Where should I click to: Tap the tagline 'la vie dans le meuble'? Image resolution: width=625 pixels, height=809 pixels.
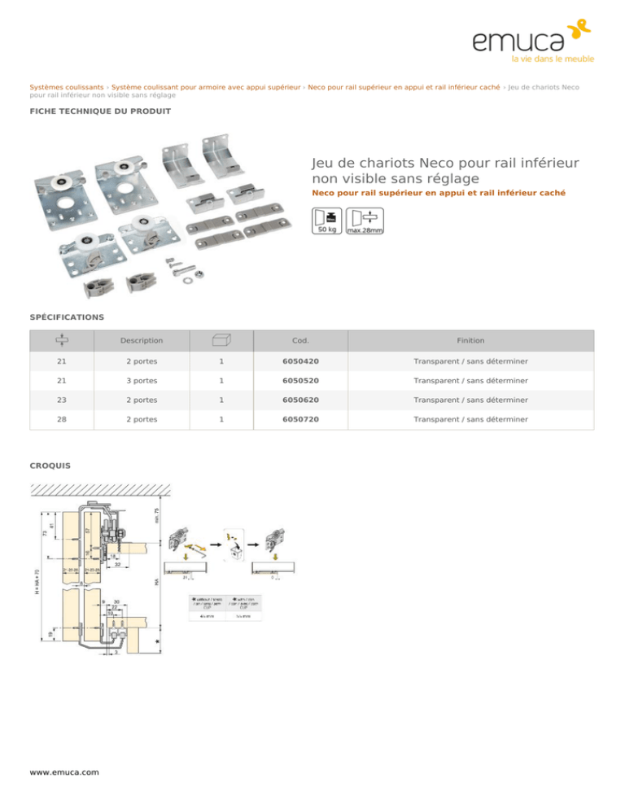coord(552,59)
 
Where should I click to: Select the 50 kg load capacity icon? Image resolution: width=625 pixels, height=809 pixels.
coord(327,221)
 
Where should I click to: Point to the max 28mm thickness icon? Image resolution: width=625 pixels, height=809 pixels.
coord(365,221)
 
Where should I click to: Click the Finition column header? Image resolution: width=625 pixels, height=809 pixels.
coord(470,340)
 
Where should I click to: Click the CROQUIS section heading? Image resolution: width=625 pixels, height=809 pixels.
coord(50,466)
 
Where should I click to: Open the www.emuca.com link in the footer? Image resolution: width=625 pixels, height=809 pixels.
coord(64,772)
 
